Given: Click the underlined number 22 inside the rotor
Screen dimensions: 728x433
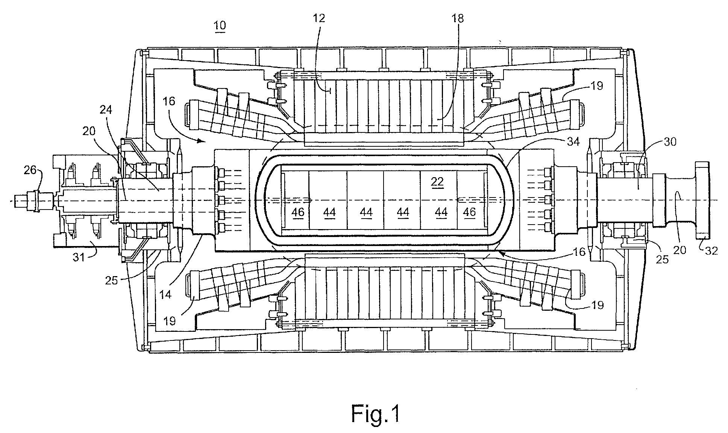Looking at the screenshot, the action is (x=437, y=182).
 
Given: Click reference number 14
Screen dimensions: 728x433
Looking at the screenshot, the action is (x=165, y=294).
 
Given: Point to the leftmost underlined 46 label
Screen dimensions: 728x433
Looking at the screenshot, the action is (x=298, y=213).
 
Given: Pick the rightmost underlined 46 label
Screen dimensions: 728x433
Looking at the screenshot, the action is (x=469, y=213).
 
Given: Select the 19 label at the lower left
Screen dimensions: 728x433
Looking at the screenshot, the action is (x=170, y=321).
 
